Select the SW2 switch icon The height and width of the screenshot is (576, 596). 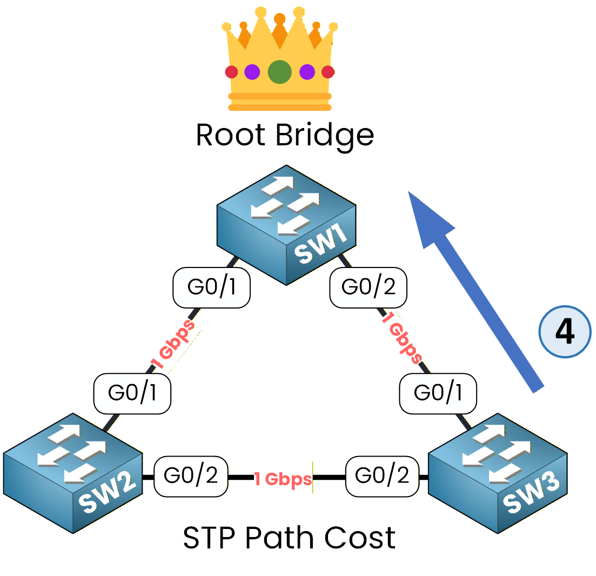(x=73, y=473)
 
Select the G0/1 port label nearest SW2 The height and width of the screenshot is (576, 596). (x=132, y=393)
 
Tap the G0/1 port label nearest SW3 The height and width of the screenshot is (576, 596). (x=438, y=393)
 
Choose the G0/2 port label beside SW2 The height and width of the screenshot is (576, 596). (x=191, y=477)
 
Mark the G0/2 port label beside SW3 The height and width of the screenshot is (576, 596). (x=383, y=477)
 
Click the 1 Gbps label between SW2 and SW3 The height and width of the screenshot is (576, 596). (x=283, y=479)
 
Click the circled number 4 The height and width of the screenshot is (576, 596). (x=565, y=332)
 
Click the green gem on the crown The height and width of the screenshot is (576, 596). (x=279, y=71)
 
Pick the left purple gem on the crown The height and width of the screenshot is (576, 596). (x=252, y=71)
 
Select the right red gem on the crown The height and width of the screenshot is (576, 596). (x=327, y=71)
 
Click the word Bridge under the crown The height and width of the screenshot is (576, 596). (x=324, y=135)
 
